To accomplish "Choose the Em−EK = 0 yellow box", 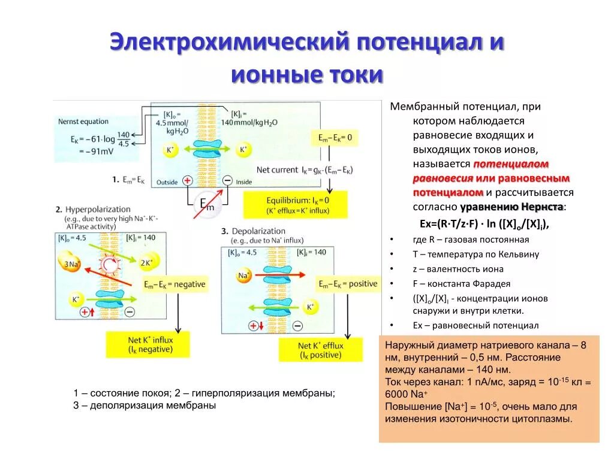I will coord(335,138).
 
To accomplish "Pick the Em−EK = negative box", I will coord(174,285).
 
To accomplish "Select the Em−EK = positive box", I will coord(348,284).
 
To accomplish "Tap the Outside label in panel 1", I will coord(167,181).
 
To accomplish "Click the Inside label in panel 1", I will coord(244,181).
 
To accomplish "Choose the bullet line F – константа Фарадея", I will coord(461,284).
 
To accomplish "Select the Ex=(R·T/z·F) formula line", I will coord(484,223).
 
